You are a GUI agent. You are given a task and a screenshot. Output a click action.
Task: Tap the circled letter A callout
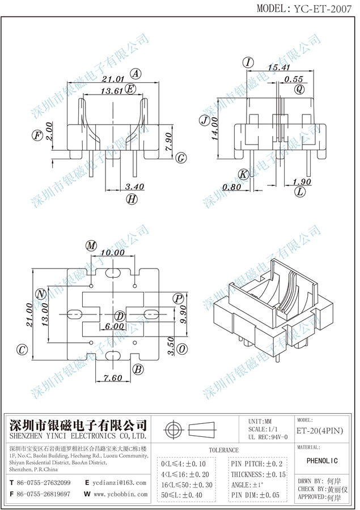click(x=135, y=73)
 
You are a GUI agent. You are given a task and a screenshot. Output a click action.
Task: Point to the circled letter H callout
click(x=132, y=198)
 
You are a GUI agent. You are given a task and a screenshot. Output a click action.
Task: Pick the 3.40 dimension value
click(x=134, y=186)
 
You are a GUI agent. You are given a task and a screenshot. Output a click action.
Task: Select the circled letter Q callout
click(x=299, y=89)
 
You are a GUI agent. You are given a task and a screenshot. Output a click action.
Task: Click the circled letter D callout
click(x=120, y=316)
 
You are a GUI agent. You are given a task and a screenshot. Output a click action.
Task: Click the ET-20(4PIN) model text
click(x=320, y=431)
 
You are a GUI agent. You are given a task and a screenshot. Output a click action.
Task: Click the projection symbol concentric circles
click(x=174, y=428)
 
